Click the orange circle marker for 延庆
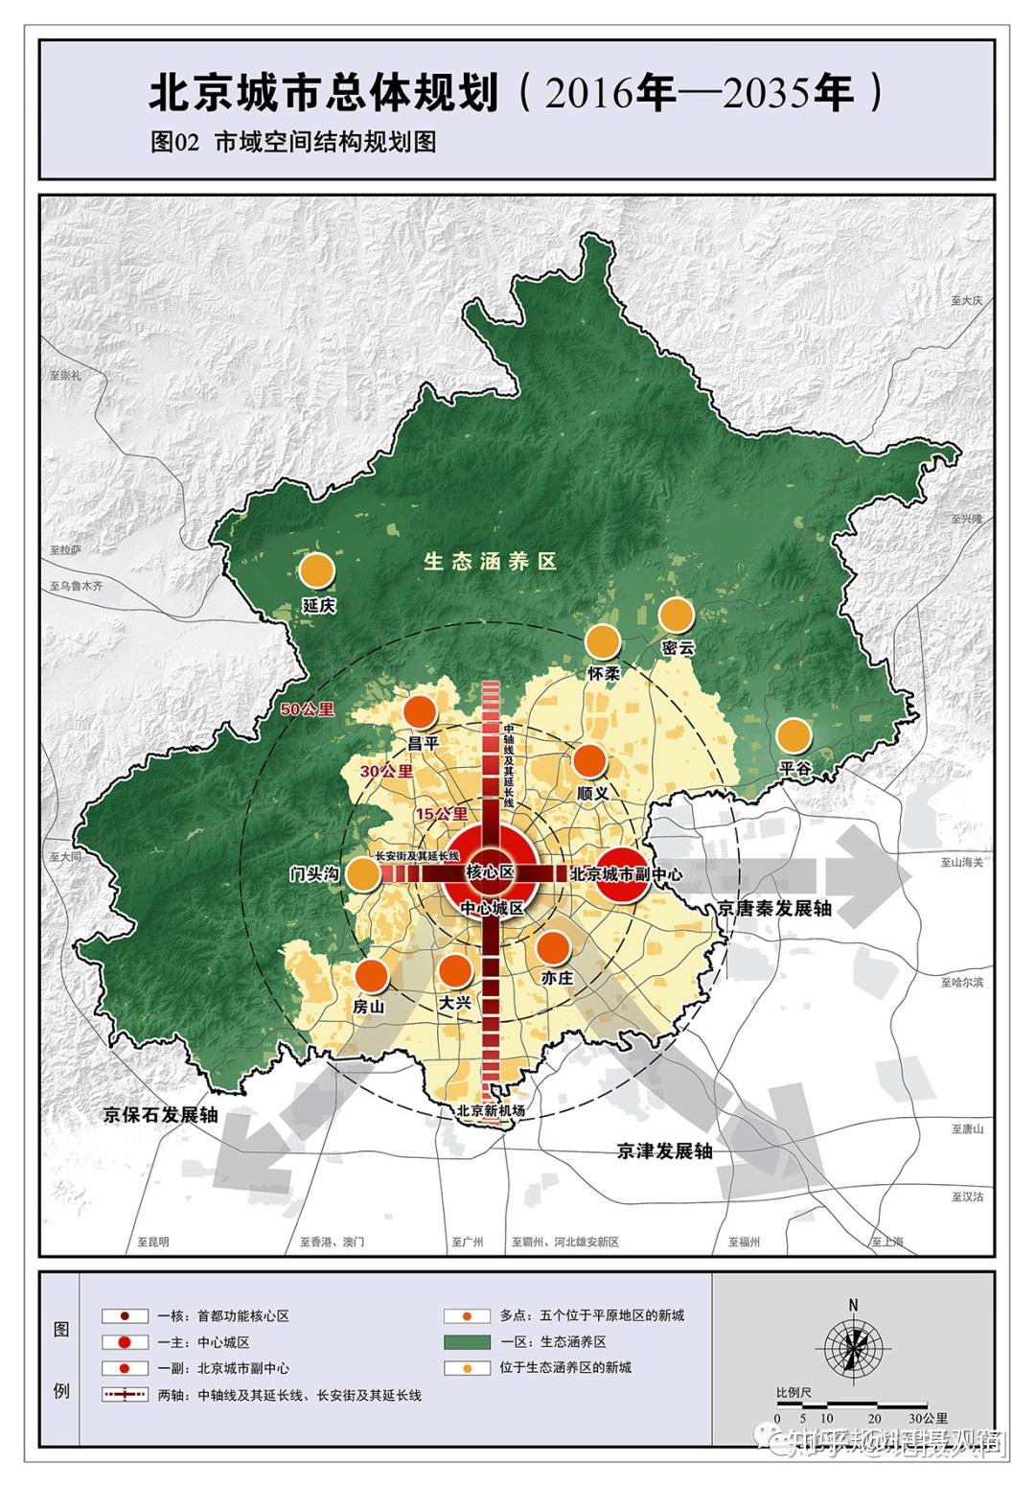point(317,570)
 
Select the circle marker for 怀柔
point(603,641)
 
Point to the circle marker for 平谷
point(793,736)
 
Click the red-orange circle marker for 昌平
point(420,712)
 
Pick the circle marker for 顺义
point(590,761)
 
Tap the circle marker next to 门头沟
point(362,873)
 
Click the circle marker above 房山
point(371,975)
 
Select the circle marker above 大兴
point(455,971)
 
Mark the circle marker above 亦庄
point(553,947)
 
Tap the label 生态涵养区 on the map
point(491,562)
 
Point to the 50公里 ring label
point(308,709)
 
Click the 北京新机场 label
point(491,1110)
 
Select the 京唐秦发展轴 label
point(774,907)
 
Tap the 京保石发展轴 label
point(162,1115)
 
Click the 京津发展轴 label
point(665,1150)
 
